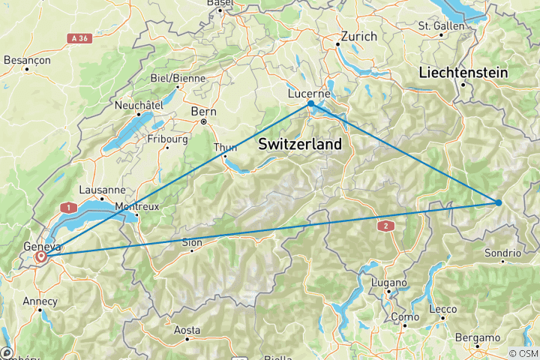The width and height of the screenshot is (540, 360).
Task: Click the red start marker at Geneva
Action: coord(41,257)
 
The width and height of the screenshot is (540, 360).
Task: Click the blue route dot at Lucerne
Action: coord(310,103)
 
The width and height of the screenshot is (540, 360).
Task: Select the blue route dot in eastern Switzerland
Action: coord(499,202)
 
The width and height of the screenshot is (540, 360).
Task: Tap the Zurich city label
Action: coord(358,36)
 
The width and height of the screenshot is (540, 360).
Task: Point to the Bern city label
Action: coord(203,111)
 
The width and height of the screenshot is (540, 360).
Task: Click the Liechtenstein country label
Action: coord(463,73)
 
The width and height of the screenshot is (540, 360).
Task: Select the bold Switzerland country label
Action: coord(299,144)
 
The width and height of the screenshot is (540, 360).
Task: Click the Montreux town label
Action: coord(136,207)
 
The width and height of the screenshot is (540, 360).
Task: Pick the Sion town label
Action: coord(192,242)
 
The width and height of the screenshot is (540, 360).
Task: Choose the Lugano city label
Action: coord(389,283)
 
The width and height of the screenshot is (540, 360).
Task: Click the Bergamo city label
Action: coord(479,338)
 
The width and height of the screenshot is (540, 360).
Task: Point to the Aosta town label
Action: coord(187,330)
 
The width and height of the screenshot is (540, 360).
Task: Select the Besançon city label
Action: coord(26,59)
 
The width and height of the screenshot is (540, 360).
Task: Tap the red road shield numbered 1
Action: coord(70,207)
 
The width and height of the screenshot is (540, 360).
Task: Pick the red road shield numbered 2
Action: coord(386,225)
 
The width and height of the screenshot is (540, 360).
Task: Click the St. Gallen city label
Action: coord(441,25)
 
